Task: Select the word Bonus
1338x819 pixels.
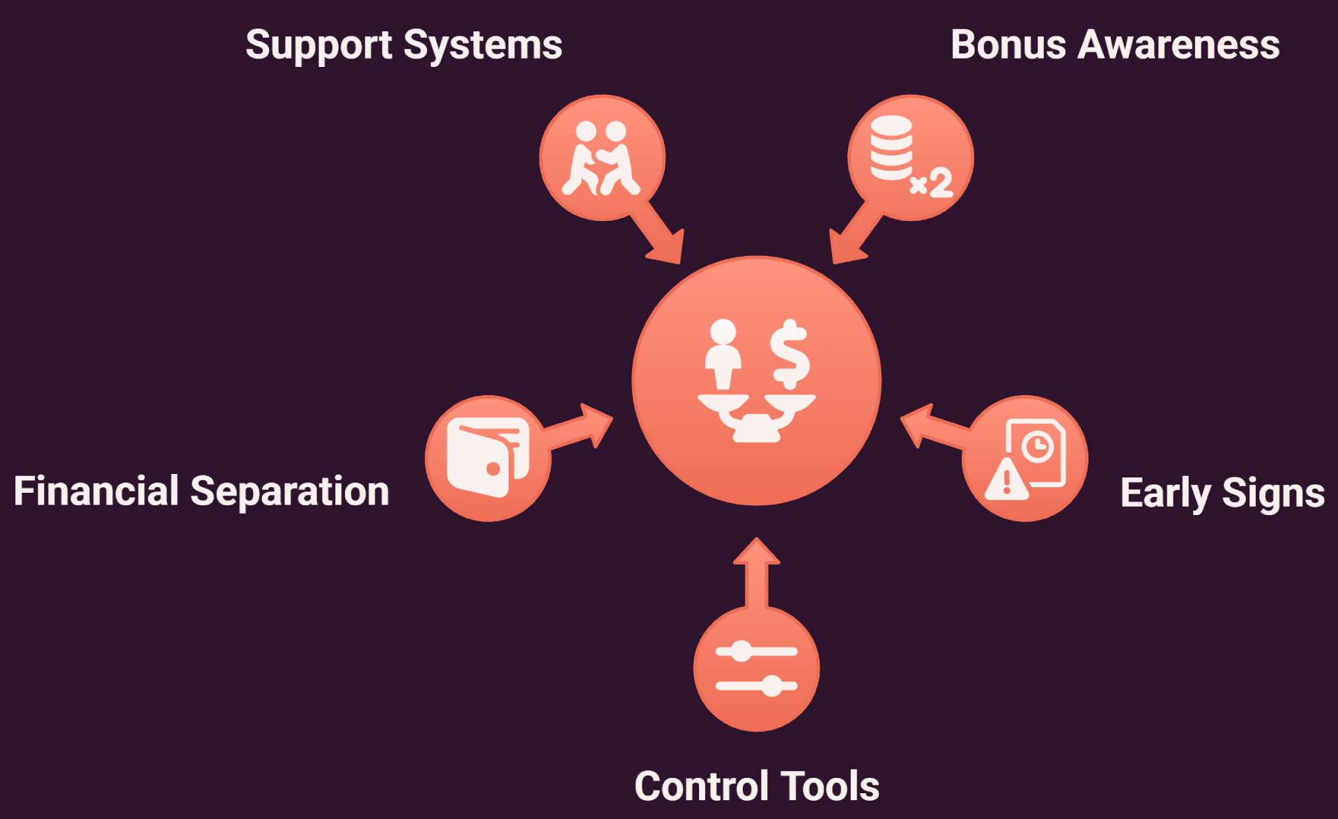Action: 1008,45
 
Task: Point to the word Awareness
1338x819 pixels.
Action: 1178,45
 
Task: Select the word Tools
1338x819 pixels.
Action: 822,786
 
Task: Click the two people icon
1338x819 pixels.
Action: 601,158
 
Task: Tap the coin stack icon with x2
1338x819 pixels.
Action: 910,157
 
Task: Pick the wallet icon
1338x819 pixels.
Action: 488,458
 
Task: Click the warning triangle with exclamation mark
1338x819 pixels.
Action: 1006,480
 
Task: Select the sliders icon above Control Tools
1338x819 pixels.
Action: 756,668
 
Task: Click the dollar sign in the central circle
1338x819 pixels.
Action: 790,354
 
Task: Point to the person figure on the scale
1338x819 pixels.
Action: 723,354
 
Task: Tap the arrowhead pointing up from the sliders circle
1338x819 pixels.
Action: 756,551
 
